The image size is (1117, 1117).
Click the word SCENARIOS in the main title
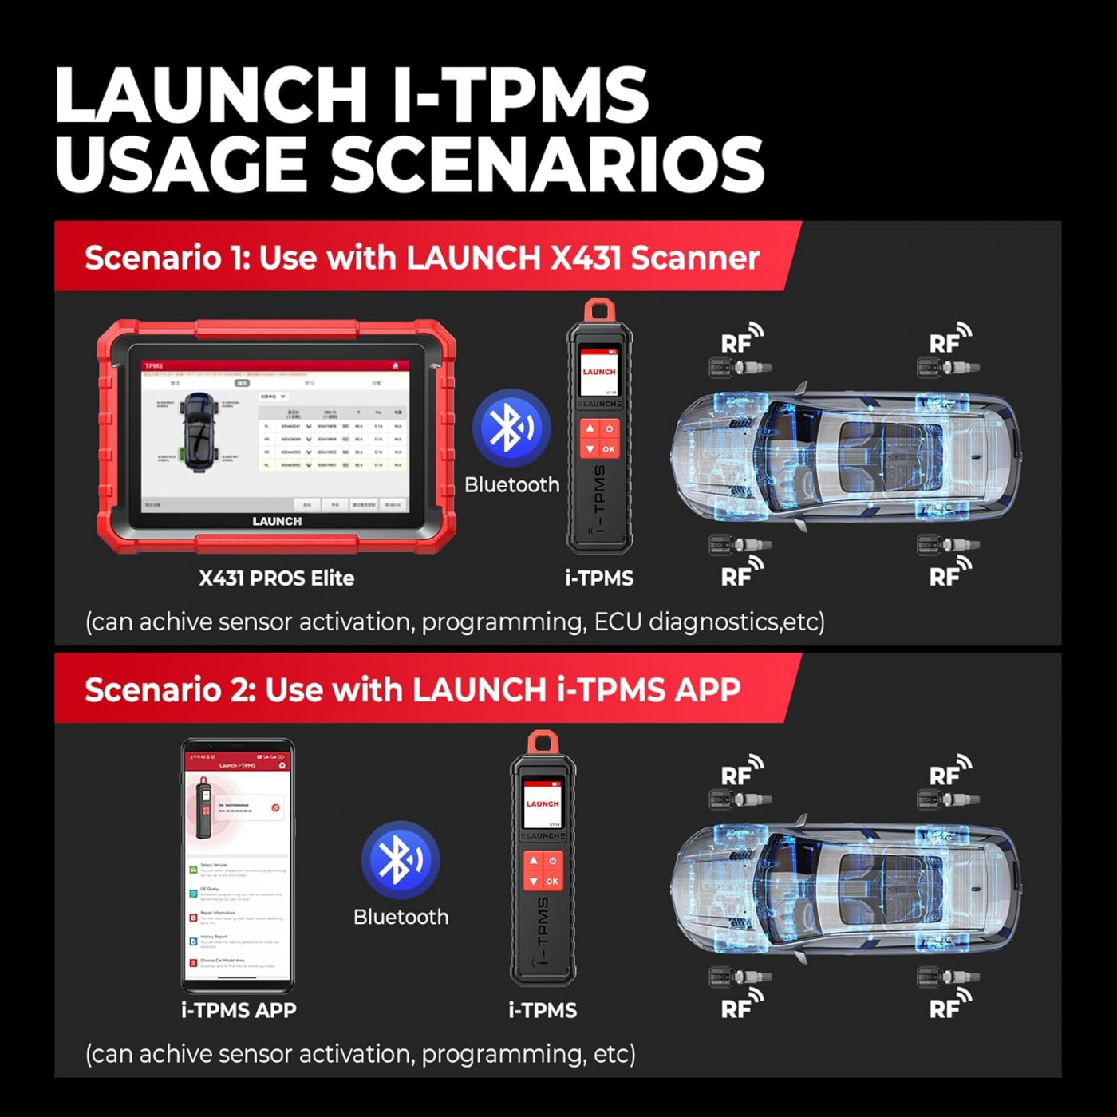tap(548, 164)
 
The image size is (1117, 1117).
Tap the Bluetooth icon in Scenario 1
tap(511, 428)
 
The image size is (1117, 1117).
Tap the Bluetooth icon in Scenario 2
tap(400, 860)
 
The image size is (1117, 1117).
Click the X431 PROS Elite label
tap(276, 578)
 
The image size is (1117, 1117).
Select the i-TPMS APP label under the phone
tap(239, 1010)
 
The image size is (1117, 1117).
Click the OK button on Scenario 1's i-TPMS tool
tap(609, 449)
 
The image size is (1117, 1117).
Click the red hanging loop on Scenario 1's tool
tap(599, 310)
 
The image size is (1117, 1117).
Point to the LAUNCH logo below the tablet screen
tap(277, 521)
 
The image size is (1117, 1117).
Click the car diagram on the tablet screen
tap(197, 432)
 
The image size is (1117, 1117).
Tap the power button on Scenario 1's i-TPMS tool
tap(609, 429)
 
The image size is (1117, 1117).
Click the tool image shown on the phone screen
tap(204, 807)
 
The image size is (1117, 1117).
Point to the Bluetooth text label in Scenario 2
tap(401, 917)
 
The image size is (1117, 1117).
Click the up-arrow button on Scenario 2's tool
tap(533, 861)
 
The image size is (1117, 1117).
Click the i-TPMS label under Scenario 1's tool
tap(598, 578)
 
